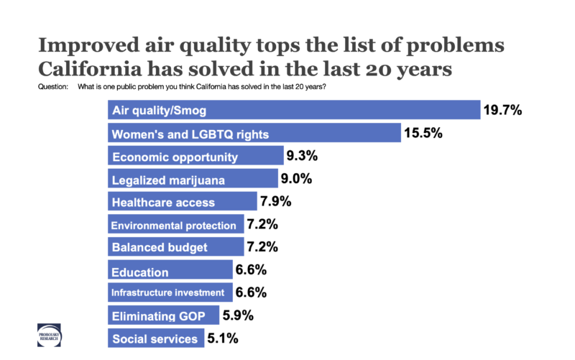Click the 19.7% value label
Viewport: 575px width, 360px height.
pos(503,111)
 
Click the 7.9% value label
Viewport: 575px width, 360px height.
pos(275,202)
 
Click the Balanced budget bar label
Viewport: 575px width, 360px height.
pos(160,248)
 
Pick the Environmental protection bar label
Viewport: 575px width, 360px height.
pos(173,225)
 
